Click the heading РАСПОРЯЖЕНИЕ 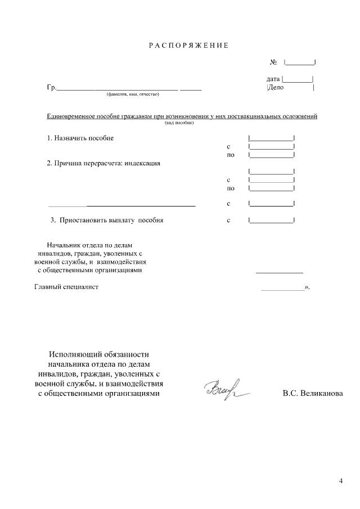pos(188,45)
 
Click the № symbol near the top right pos(274,62)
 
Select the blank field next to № pos(299,62)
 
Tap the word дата pos(273,79)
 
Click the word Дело pos(276,88)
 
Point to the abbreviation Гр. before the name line pos(52,88)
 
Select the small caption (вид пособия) pos(179,123)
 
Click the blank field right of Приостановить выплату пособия pos(271,220)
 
